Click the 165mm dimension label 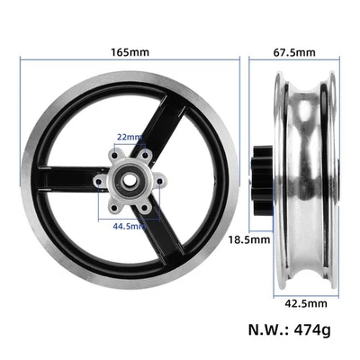click(131, 52)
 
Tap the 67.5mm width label click(294, 52)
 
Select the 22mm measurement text click(130, 137)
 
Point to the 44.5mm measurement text click(131, 226)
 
